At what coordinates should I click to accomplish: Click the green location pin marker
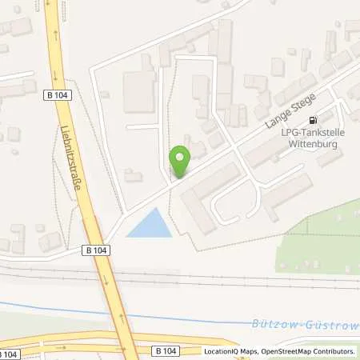pyautogui.click(x=180, y=161)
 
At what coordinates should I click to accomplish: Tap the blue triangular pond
pyautogui.click(x=151, y=224)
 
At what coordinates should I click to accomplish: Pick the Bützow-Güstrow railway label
pyautogui.click(x=316, y=322)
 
